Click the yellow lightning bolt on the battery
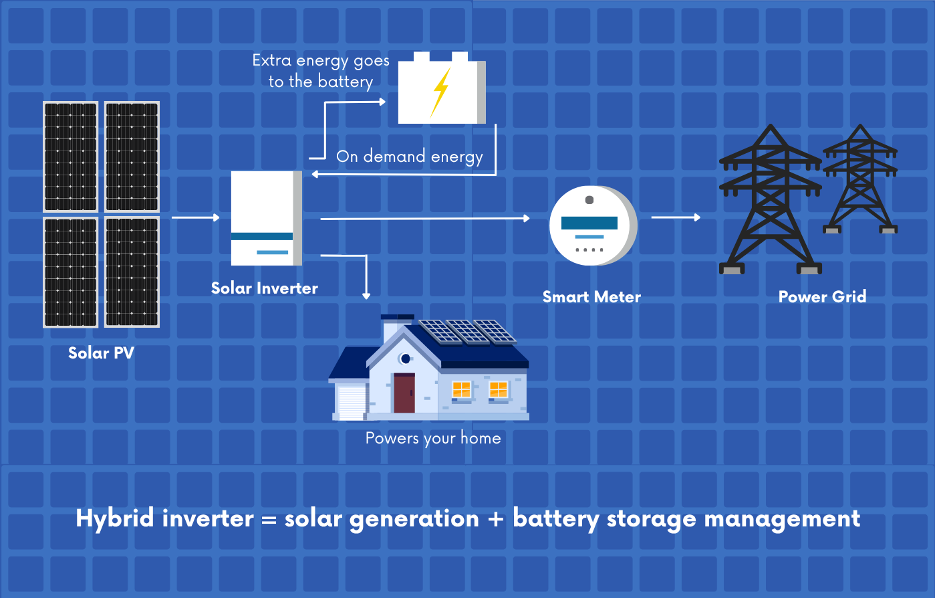click(x=441, y=92)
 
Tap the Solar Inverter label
click(x=264, y=288)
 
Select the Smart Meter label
click(x=591, y=297)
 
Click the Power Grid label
click(x=822, y=297)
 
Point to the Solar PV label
click(x=101, y=353)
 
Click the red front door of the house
click(x=404, y=393)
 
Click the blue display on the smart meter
click(x=589, y=223)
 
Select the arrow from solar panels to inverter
click(x=196, y=217)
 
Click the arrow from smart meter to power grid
click(x=676, y=217)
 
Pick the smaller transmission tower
click(x=859, y=181)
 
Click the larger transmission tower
click(x=770, y=201)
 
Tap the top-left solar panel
click(x=71, y=157)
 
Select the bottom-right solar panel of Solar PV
click(x=132, y=272)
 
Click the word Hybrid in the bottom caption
click(x=115, y=519)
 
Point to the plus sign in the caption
click(x=495, y=519)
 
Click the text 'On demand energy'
click(x=409, y=157)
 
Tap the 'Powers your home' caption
click(x=433, y=439)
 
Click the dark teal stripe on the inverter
click(x=262, y=236)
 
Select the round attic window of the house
click(x=405, y=359)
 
